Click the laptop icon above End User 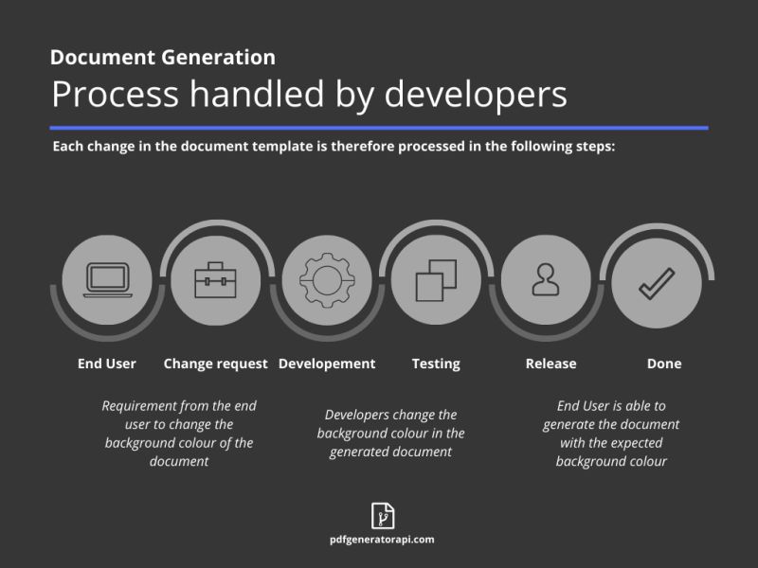tap(107, 279)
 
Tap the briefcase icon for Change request tap(216, 279)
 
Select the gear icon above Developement tap(327, 279)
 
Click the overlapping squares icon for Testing tap(436, 279)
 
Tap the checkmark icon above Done tap(656, 281)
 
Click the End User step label tap(107, 364)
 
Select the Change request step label tap(216, 364)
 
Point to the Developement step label tap(327, 364)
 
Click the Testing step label tap(436, 364)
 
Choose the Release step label tap(550, 364)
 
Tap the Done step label tap(663, 364)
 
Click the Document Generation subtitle tap(163, 57)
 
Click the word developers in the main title tap(474, 95)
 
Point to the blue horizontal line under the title tap(379, 127)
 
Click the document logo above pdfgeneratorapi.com tap(382, 516)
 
